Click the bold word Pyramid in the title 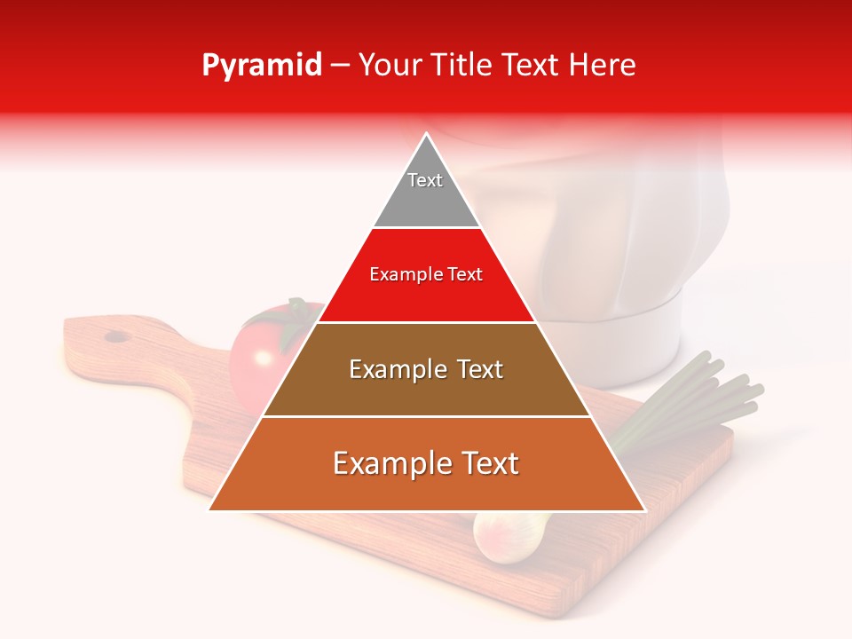point(262,66)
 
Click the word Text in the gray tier point(425,180)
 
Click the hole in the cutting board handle point(116,336)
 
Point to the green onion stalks point(710,390)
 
